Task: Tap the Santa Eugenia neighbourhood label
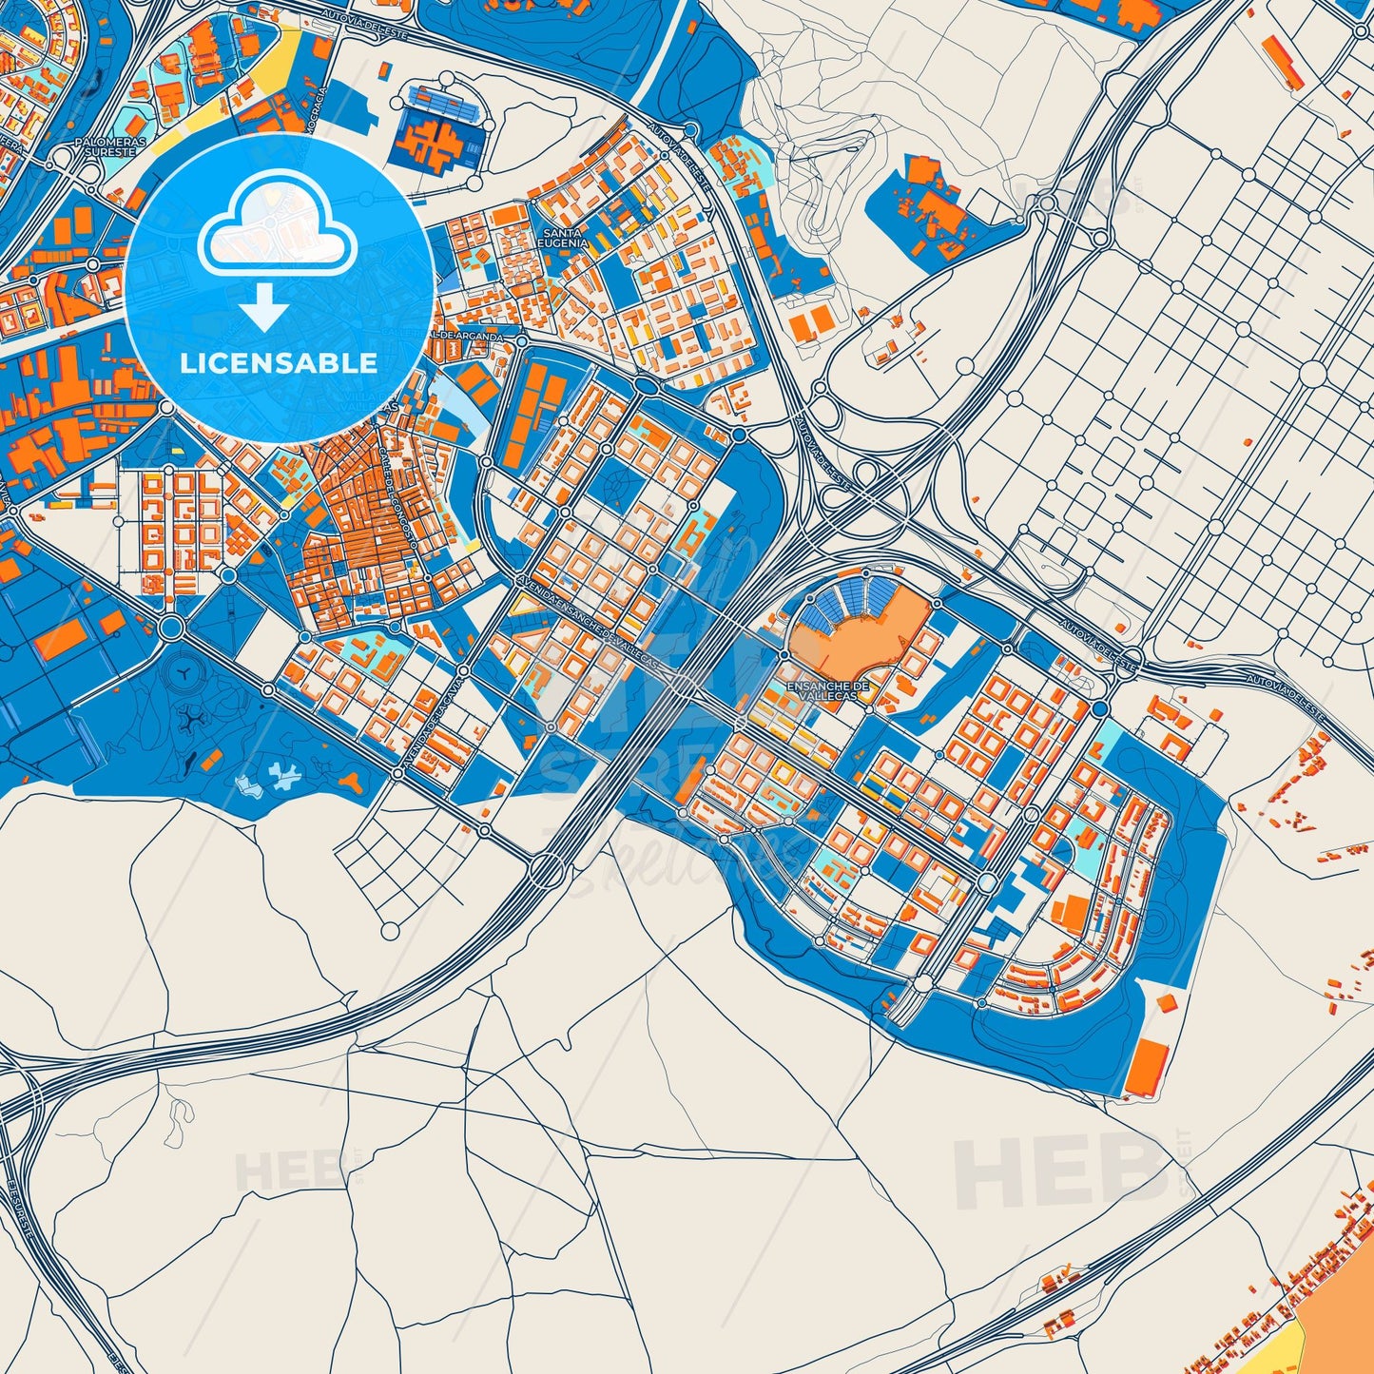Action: tap(563, 237)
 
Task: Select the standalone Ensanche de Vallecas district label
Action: tap(827, 690)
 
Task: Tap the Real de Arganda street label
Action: tap(475, 335)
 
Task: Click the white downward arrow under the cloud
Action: tap(265, 309)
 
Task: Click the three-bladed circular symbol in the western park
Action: tap(179, 673)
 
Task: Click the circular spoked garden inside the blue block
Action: tap(617, 486)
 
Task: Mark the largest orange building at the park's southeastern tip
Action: tap(1149, 1065)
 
